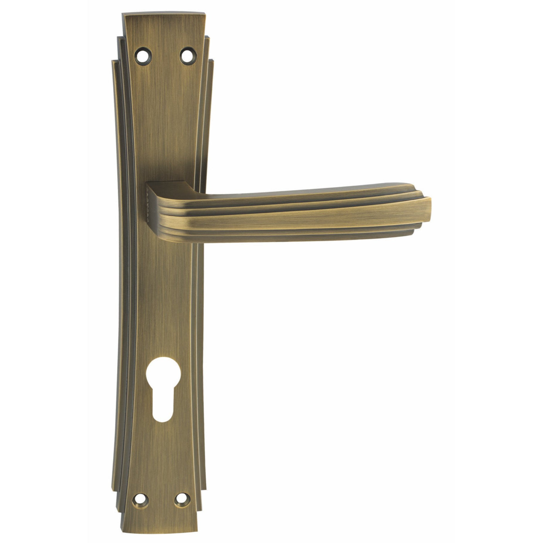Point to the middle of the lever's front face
click(294, 216)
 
